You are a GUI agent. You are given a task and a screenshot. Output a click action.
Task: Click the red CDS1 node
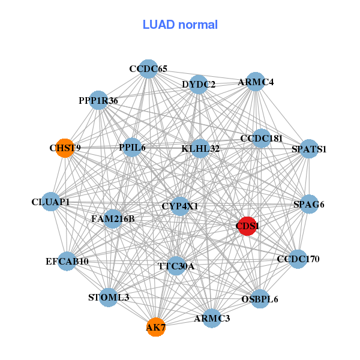coord(247,226)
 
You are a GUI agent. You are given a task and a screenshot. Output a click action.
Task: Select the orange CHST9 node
coord(65,148)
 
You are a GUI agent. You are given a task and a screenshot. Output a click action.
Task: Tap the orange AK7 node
coord(155,328)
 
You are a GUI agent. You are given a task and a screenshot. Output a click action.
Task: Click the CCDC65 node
coord(148,69)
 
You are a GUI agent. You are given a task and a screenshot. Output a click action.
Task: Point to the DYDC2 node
coord(199,85)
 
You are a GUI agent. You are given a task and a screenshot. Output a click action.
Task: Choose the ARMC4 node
coord(256,82)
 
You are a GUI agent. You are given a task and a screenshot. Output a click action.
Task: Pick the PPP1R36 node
coord(98,100)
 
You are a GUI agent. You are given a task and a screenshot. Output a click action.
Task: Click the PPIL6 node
coord(132,147)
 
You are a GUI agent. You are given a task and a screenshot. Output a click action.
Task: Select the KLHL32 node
coord(200,148)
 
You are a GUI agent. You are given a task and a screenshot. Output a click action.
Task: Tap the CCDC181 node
coord(261,139)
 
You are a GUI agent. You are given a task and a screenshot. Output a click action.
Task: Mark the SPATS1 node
coord(308,149)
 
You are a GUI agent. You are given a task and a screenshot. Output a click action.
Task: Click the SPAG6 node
coord(308,205)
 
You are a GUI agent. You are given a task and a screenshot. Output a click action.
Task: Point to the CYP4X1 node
coord(180,206)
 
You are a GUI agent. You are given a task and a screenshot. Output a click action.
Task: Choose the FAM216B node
coord(113,219)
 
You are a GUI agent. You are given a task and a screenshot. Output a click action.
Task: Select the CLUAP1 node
coord(51,202)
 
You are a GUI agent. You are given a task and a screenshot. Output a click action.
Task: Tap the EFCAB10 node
coord(67,262)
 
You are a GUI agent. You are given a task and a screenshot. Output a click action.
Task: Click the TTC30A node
coord(176,266)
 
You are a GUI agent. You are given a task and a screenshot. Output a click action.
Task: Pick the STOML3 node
coord(109,297)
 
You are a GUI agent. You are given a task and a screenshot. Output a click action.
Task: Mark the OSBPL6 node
coord(259,299)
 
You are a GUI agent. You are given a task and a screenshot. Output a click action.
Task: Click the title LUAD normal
coord(180,25)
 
